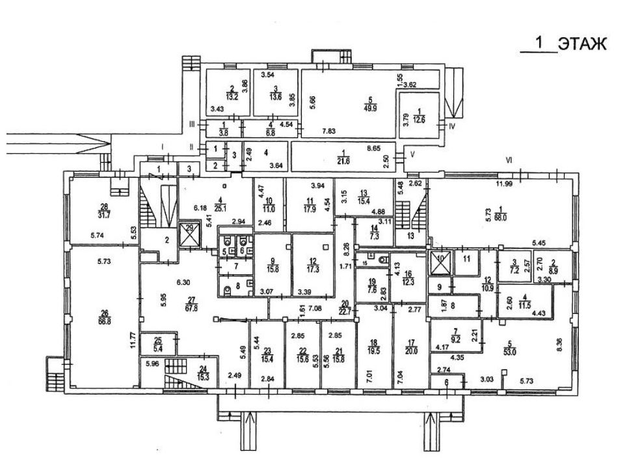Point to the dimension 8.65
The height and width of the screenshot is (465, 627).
tap(373, 148)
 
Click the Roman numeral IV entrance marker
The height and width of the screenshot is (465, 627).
tap(453, 126)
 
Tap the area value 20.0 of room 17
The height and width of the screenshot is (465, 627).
tap(410, 347)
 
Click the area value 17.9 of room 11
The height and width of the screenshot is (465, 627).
tap(310, 210)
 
